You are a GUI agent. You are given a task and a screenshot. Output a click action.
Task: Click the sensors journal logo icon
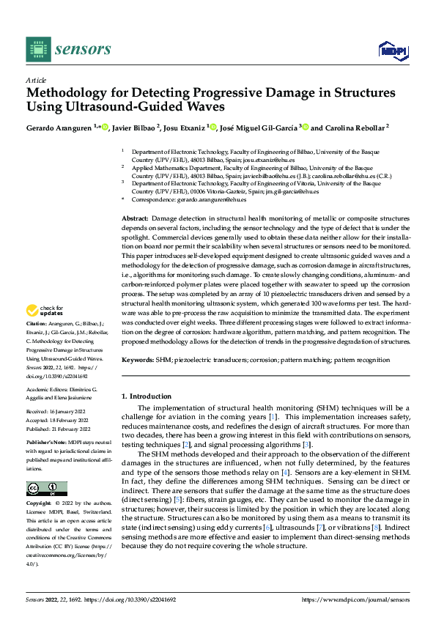[x=38, y=48]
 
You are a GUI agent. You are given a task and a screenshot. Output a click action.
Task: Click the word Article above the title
[x=36, y=80]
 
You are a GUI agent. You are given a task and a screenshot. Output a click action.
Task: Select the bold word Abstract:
[x=135, y=219]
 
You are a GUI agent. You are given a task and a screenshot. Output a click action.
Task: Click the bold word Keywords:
[x=137, y=361]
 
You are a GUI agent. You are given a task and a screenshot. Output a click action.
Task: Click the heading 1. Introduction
[x=147, y=396]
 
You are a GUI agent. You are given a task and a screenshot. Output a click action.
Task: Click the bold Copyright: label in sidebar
[x=40, y=504]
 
